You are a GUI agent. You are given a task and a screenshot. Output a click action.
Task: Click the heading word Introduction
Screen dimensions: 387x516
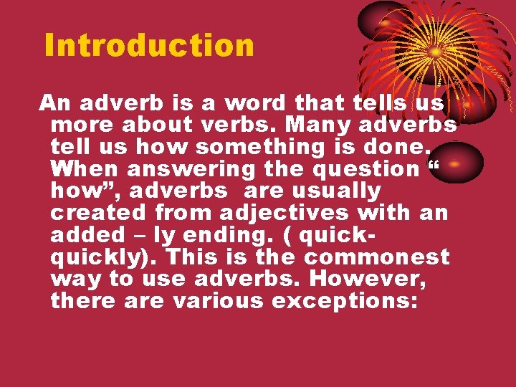click(x=149, y=45)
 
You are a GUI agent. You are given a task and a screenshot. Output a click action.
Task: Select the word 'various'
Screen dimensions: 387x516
click(x=218, y=301)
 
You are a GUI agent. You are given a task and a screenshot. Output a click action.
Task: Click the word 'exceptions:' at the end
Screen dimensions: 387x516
click(x=345, y=301)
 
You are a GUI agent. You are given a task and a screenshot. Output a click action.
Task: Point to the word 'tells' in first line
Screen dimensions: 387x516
click(x=370, y=103)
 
